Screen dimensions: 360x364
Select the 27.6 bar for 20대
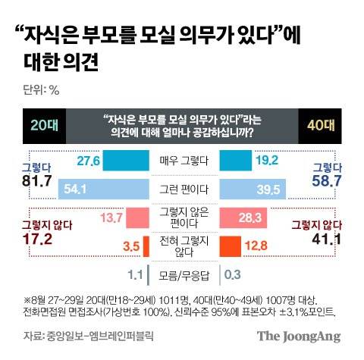coord(120,161)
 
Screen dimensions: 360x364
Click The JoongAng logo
coord(298,337)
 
